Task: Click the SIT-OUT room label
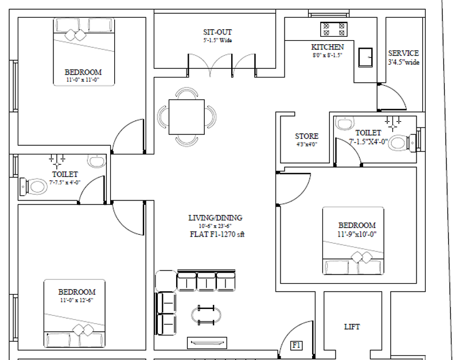(217, 32)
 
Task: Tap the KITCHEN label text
(327, 47)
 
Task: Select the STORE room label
(306, 136)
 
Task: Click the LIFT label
(352, 327)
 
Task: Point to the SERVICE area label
(403, 53)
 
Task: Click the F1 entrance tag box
(296, 345)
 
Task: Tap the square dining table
(186, 117)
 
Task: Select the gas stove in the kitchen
(334, 29)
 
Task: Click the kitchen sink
(365, 57)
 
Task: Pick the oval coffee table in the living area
(206, 315)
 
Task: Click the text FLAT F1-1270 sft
(217, 234)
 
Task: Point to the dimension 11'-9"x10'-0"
(357, 234)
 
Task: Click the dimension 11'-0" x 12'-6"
(77, 300)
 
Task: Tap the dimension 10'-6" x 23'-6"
(215, 226)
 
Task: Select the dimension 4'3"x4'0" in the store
(306, 144)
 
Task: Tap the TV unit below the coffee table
(207, 343)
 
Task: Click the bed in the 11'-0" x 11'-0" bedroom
(84, 52)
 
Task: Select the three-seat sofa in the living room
(206, 281)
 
